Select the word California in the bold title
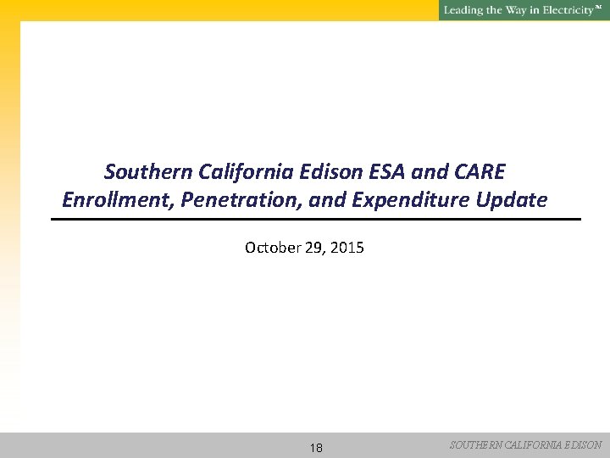coord(239,172)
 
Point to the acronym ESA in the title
coord(389,172)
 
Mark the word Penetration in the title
coord(230,201)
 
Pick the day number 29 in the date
coord(310,248)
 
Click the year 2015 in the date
coord(347,248)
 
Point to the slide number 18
coord(315,448)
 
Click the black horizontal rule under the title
coord(316,220)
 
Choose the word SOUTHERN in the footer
coord(476,444)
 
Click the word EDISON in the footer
coord(584,444)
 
